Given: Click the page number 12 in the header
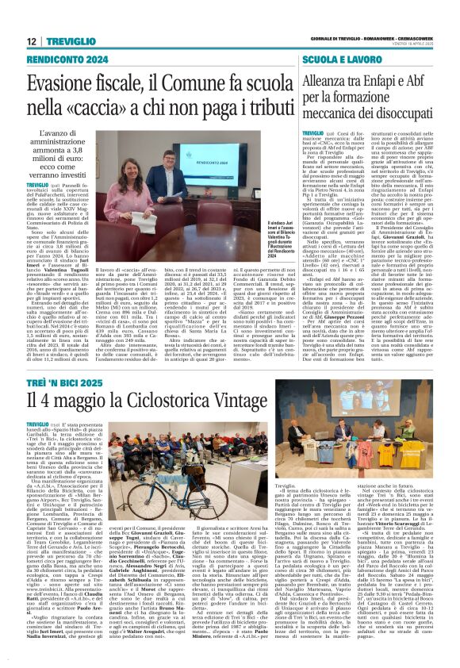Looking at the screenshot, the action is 32,40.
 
